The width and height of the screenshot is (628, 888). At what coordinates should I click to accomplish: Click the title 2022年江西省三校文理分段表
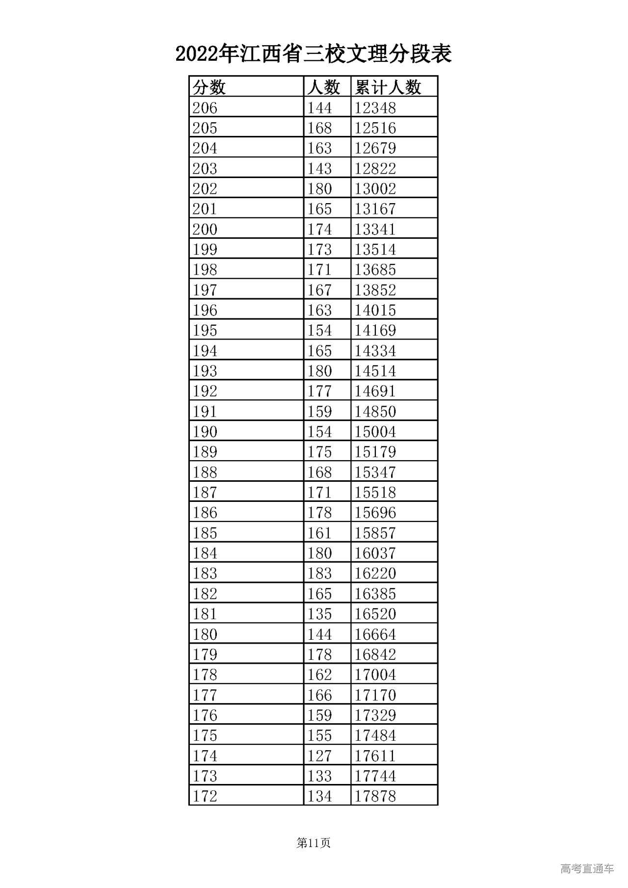coord(314,54)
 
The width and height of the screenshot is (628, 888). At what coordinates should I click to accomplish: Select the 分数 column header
coord(209,87)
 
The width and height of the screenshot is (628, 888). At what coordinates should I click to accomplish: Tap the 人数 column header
coord(323,87)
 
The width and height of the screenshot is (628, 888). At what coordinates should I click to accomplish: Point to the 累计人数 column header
coord(388,87)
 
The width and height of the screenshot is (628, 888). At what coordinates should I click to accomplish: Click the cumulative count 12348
coord(375,108)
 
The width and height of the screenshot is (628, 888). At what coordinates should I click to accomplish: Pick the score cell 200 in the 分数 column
coord(205,229)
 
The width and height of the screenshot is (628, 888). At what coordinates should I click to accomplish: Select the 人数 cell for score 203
coord(319,169)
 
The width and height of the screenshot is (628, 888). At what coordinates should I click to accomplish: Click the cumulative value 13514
coord(375,250)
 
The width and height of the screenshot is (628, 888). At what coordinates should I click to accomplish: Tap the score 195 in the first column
coord(205,331)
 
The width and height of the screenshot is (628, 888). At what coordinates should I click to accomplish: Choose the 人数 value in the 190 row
coord(319,432)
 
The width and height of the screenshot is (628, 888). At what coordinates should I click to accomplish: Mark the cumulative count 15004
coord(375,432)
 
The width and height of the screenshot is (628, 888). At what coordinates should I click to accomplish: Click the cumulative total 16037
coord(375,553)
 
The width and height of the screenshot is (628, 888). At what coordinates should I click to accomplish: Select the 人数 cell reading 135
coord(319,614)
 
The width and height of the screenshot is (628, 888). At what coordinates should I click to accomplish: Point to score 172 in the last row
coord(205,796)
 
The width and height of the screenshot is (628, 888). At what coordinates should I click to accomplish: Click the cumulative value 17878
coord(375,796)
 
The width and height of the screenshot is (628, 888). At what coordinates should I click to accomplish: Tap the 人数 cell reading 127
coord(319,756)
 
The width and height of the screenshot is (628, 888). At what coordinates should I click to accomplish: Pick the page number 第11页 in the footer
coord(314,843)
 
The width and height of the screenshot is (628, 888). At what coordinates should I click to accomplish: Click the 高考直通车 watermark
coord(587,869)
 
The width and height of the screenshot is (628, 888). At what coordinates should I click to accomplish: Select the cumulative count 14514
coord(375,371)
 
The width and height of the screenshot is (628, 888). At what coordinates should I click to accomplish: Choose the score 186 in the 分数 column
coord(205,513)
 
